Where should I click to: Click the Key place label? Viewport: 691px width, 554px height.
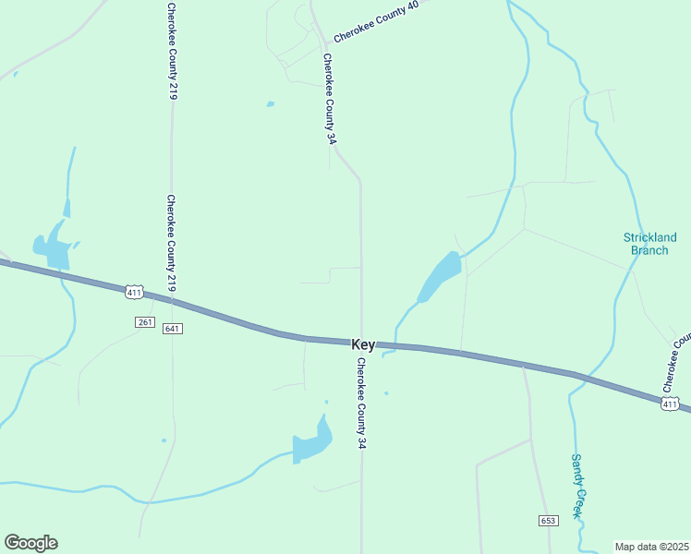pos(363,344)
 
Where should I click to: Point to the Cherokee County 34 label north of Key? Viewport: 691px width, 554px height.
pos(329,99)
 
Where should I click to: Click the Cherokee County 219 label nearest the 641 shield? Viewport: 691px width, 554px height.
pos(172,244)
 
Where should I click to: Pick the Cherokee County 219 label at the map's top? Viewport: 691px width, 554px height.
pos(172,51)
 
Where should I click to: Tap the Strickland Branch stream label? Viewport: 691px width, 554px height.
pos(650,244)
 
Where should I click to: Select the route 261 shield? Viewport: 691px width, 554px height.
pos(144,321)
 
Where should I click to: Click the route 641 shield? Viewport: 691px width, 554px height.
pos(172,329)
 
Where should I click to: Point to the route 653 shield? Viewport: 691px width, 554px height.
pos(549,521)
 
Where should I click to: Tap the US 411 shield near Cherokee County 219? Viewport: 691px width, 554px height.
pos(135,292)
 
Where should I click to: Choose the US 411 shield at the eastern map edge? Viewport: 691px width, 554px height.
pos(671,403)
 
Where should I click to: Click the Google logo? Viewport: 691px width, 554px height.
pos(30,543)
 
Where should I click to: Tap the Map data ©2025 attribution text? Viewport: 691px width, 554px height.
pos(652,546)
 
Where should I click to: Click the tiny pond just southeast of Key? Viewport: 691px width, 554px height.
pos(386,393)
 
